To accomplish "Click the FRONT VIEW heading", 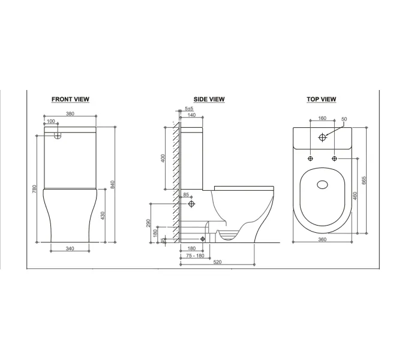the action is [70, 99].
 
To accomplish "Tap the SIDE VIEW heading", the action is [209, 99].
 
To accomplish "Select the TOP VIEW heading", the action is [322, 99].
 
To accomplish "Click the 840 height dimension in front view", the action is [112, 184].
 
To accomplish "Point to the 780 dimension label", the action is [35, 188].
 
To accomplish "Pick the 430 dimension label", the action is [103, 215].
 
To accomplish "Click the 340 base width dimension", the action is [70, 248].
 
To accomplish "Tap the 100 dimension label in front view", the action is [51, 121].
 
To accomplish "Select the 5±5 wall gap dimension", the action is [189, 109].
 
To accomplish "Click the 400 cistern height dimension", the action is [163, 158].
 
